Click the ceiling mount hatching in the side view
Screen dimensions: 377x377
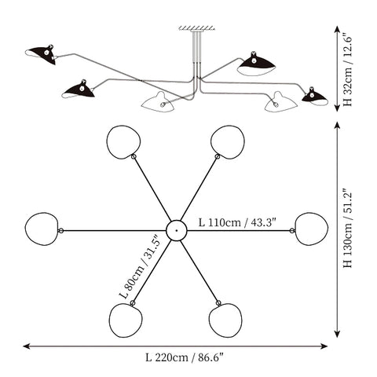pos(197,27)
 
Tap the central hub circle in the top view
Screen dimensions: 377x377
pos(177,230)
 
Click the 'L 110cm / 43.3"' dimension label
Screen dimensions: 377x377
pos(237,222)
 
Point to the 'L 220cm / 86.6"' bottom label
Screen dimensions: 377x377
pos(185,357)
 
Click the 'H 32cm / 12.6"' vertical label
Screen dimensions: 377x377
pos(348,69)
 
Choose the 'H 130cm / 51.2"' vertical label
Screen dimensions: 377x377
pos(348,228)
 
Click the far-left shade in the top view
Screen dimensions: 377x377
pos(42,229)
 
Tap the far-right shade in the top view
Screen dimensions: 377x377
pos(312,229)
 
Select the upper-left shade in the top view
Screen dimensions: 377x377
pos(123,142)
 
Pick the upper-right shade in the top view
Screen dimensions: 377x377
pos(228,142)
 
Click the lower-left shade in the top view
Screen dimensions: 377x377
pos(126,320)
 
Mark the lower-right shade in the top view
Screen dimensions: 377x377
pos(225,320)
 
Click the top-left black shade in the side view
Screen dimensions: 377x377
pos(42,54)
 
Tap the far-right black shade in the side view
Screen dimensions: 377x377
pos(315,97)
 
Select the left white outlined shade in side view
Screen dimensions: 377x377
pos(158,103)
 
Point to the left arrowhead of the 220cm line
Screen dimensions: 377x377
pos(26,346)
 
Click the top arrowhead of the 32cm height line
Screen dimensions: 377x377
pos(337,29)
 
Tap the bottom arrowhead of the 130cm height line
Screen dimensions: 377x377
pos(337,334)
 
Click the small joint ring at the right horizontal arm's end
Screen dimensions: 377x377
pos(292,231)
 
